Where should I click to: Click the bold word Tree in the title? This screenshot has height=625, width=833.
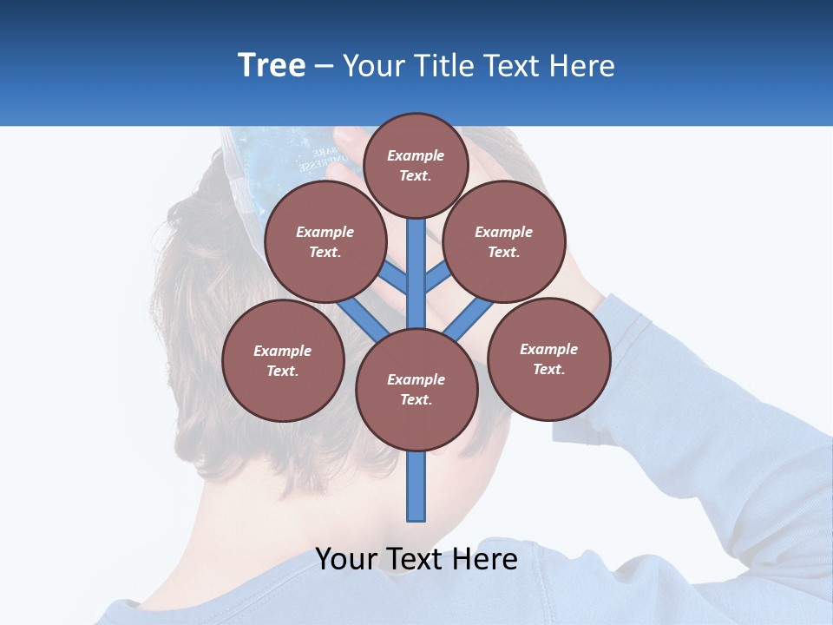point(272,65)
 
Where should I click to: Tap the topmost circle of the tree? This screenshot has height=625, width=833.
point(416,165)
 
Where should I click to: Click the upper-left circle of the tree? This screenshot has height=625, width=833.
point(325,241)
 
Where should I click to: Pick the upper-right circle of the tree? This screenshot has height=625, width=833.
point(504,241)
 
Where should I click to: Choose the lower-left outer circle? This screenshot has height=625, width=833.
point(283,360)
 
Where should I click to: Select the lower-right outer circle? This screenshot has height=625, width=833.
point(549,359)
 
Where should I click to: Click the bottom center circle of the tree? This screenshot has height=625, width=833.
point(416,390)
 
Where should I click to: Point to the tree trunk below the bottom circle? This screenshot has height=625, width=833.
point(416,486)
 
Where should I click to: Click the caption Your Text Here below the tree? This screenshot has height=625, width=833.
point(416,559)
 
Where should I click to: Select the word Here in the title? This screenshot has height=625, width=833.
point(584,65)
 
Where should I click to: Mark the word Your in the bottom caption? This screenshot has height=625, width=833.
point(346,559)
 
